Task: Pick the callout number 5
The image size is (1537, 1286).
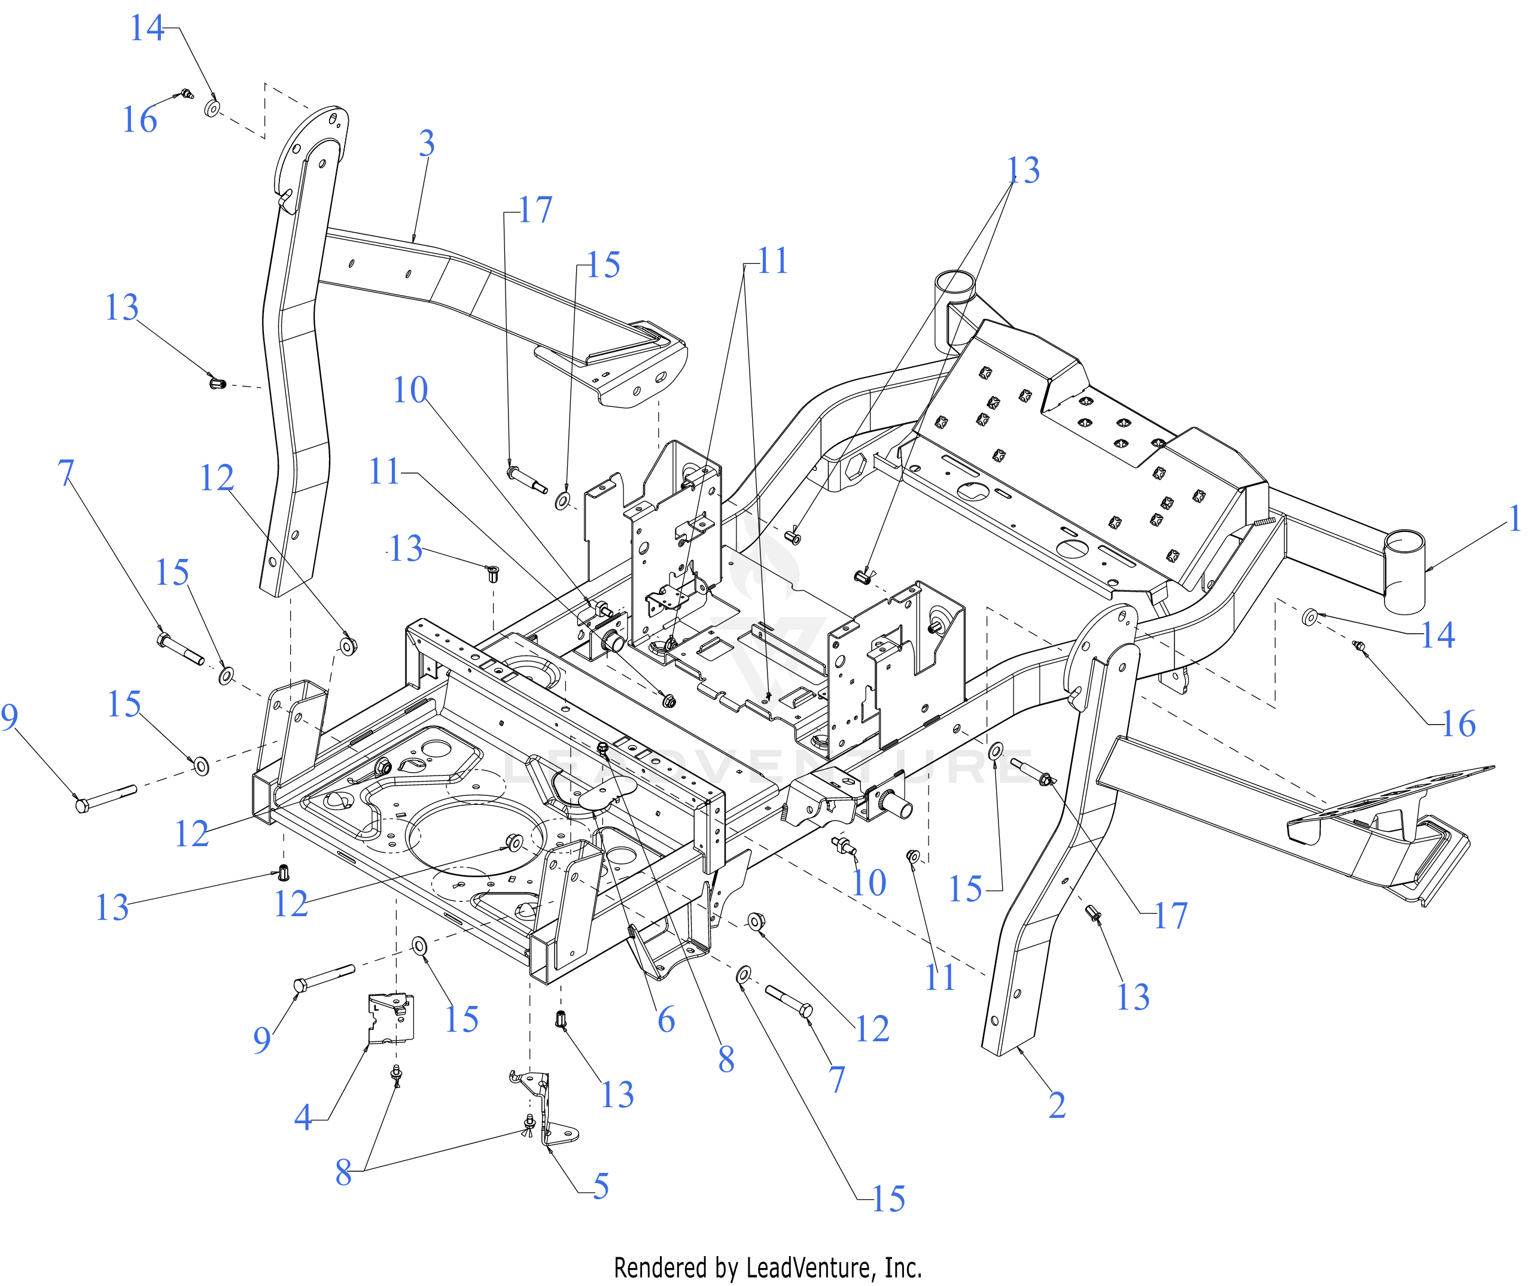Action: click(601, 1187)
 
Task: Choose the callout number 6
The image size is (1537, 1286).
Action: click(666, 1020)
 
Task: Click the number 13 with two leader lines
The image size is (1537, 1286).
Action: click(1023, 171)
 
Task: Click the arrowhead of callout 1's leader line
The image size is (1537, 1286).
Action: click(1428, 568)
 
